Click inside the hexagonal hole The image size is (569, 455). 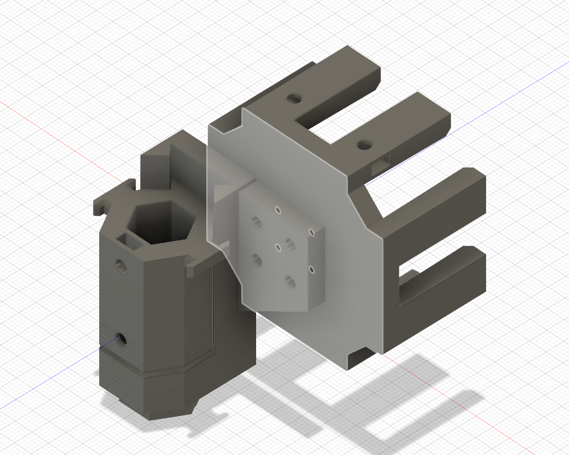(x=160, y=225)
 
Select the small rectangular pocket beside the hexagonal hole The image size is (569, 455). (x=127, y=240)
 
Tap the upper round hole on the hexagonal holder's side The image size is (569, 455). (x=121, y=266)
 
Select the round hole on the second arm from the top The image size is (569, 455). (x=364, y=145)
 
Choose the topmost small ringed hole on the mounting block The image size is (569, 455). (x=278, y=210)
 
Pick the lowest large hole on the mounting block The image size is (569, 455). (x=290, y=282)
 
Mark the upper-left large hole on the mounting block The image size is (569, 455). (x=256, y=221)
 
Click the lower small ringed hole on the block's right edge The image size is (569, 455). (x=311, y=269)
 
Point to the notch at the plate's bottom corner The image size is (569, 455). (x=359, y=355)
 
